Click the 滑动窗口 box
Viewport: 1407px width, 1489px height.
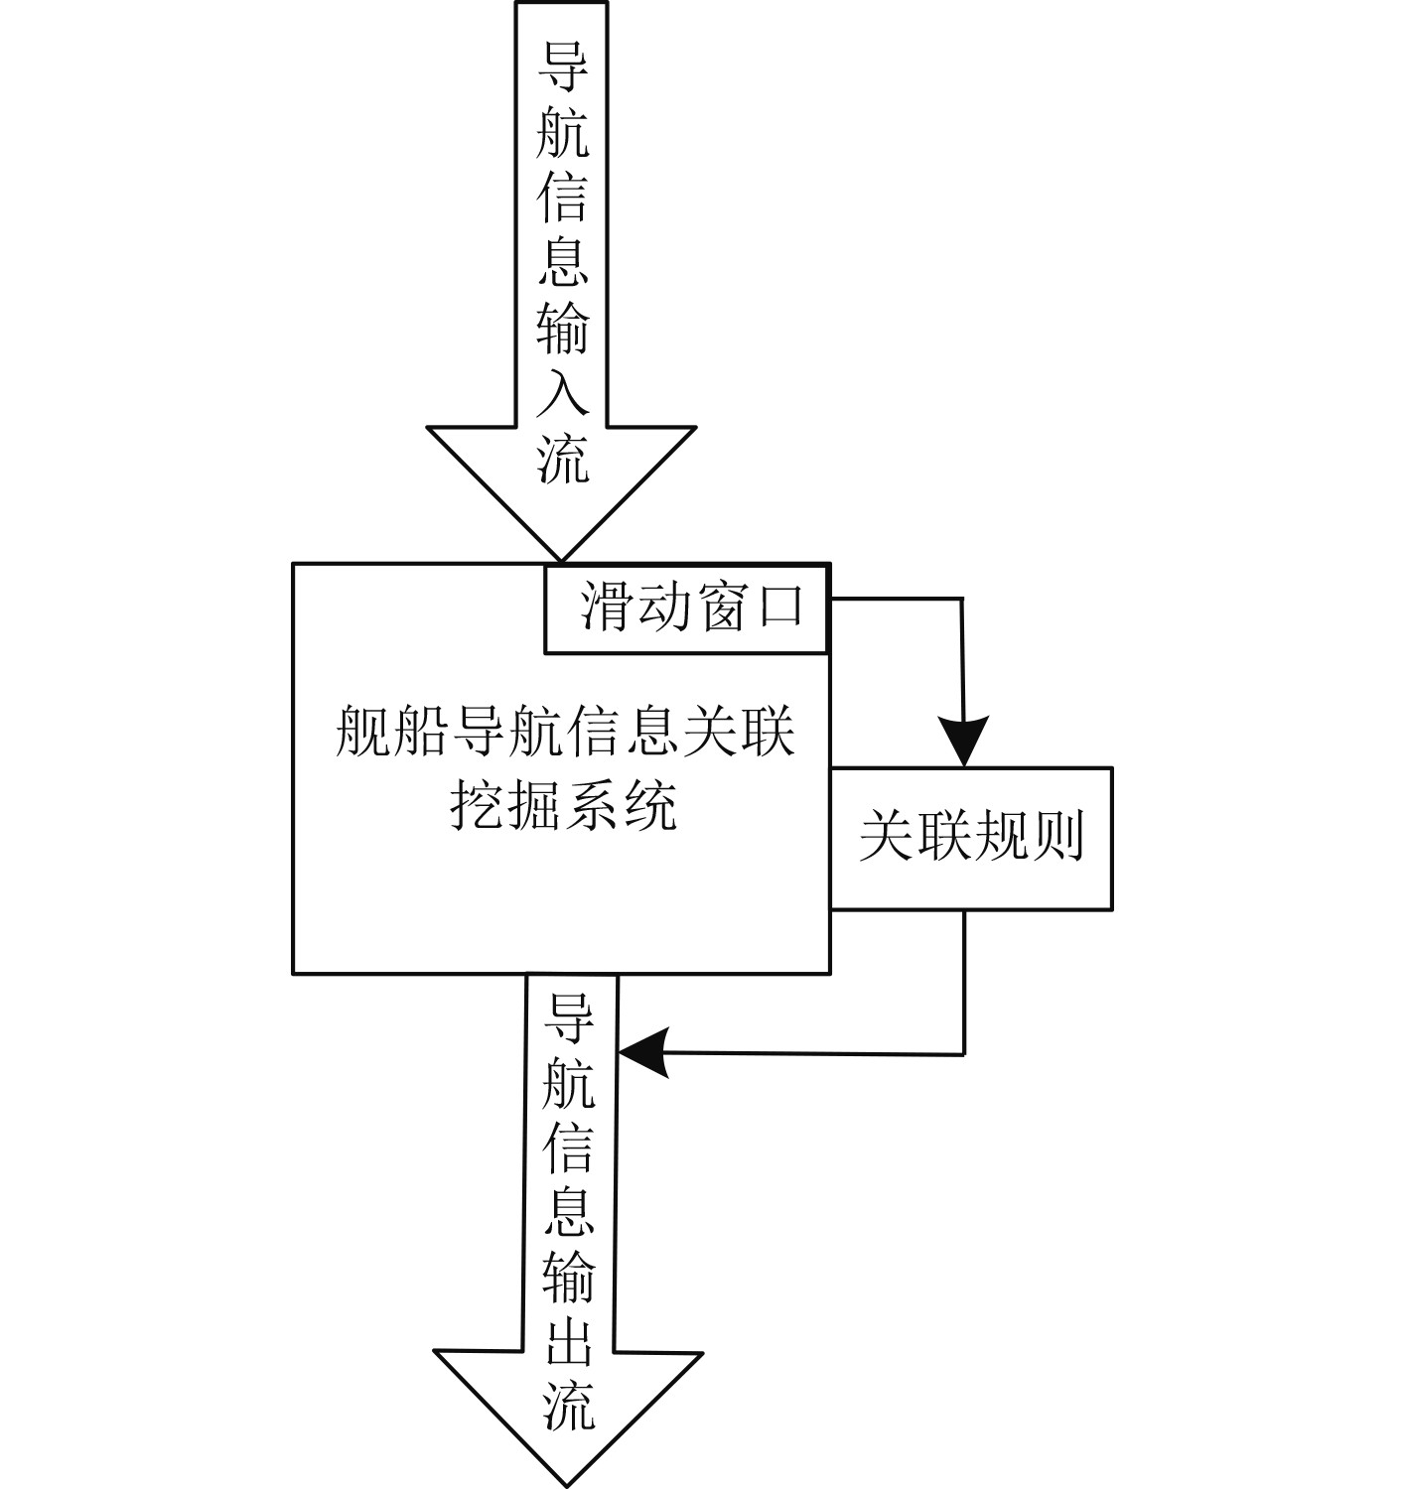point(686,609)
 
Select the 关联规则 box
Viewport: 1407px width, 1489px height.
point(971,838)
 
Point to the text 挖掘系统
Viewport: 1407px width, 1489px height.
point(564,805)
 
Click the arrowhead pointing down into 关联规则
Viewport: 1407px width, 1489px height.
point(962,740)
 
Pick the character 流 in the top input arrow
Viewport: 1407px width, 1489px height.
point(563,459)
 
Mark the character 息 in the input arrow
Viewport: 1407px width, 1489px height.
point(562,262)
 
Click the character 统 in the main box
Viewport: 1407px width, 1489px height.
point(650,805)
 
